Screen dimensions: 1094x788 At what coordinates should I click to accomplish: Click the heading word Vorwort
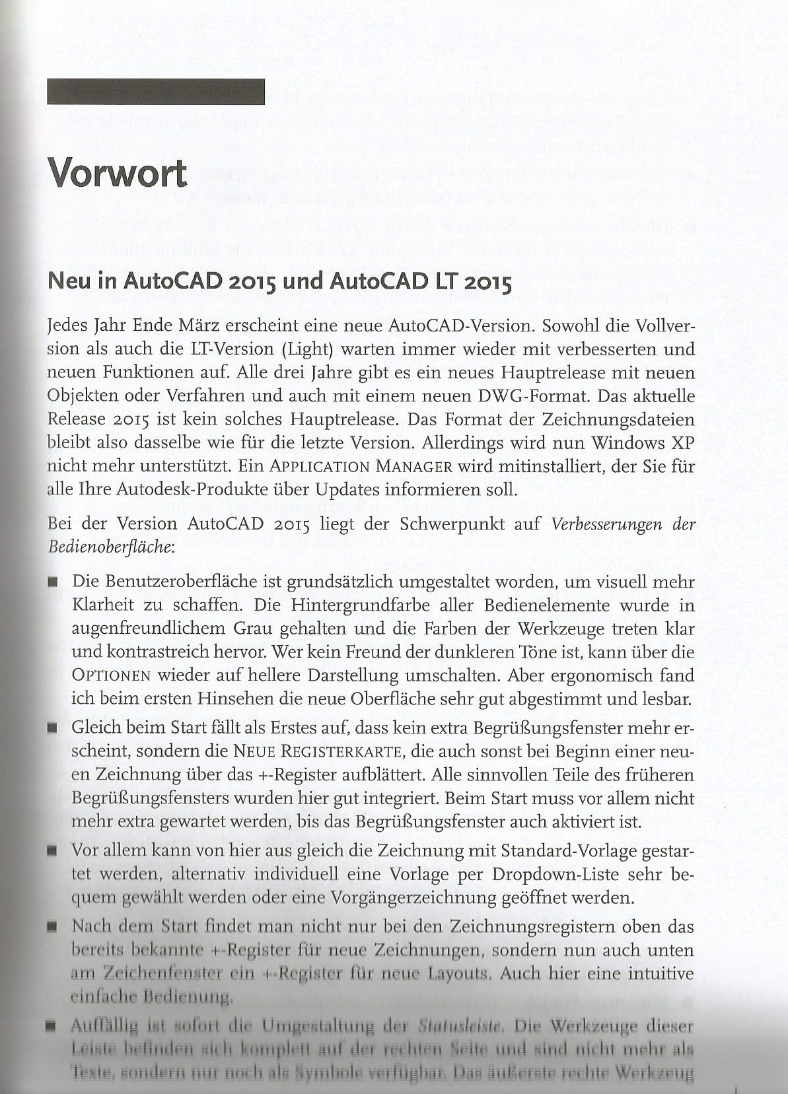(x=118, y=174)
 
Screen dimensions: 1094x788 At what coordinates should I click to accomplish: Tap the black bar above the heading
(x=156, y=92)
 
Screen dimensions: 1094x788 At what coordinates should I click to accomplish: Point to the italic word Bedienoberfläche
(x=99, y=547)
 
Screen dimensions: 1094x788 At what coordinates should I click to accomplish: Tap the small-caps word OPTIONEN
(x=113, y=677)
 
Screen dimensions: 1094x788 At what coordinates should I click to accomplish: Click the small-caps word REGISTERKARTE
(x=347, y=752)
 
